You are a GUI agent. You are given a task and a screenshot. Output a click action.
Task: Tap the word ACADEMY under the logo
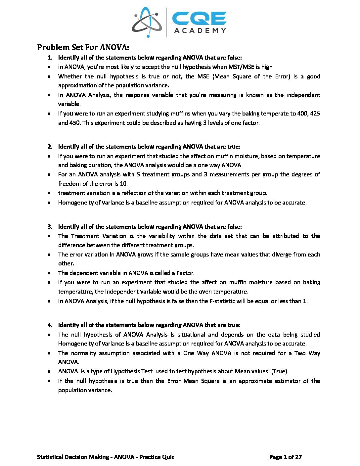pyautogui.click(x=200, y=31)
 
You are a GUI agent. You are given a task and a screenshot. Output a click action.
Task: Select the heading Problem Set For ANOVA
pyautogui.click(x=83, y=47)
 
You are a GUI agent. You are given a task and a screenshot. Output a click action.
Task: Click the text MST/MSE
pyautogui.click(x=241, y=67)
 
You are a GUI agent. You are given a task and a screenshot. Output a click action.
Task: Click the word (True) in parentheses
pyautogui.click(x=279, y=371)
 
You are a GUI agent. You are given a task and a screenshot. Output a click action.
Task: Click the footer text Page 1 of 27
pyautogui.click(x=285, y=457)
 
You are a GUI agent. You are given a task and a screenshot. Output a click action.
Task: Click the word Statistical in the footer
pyautogui.click(x=50, y=457)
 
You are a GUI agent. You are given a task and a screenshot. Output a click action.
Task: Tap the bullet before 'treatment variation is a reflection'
pyautogui.click(x=49, y=193)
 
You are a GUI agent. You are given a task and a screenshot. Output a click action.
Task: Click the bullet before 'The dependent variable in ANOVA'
pyautogui.click(x=49, y=273)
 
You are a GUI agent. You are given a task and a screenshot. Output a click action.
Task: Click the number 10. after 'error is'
pyautogui.click(x=123, y=184)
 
